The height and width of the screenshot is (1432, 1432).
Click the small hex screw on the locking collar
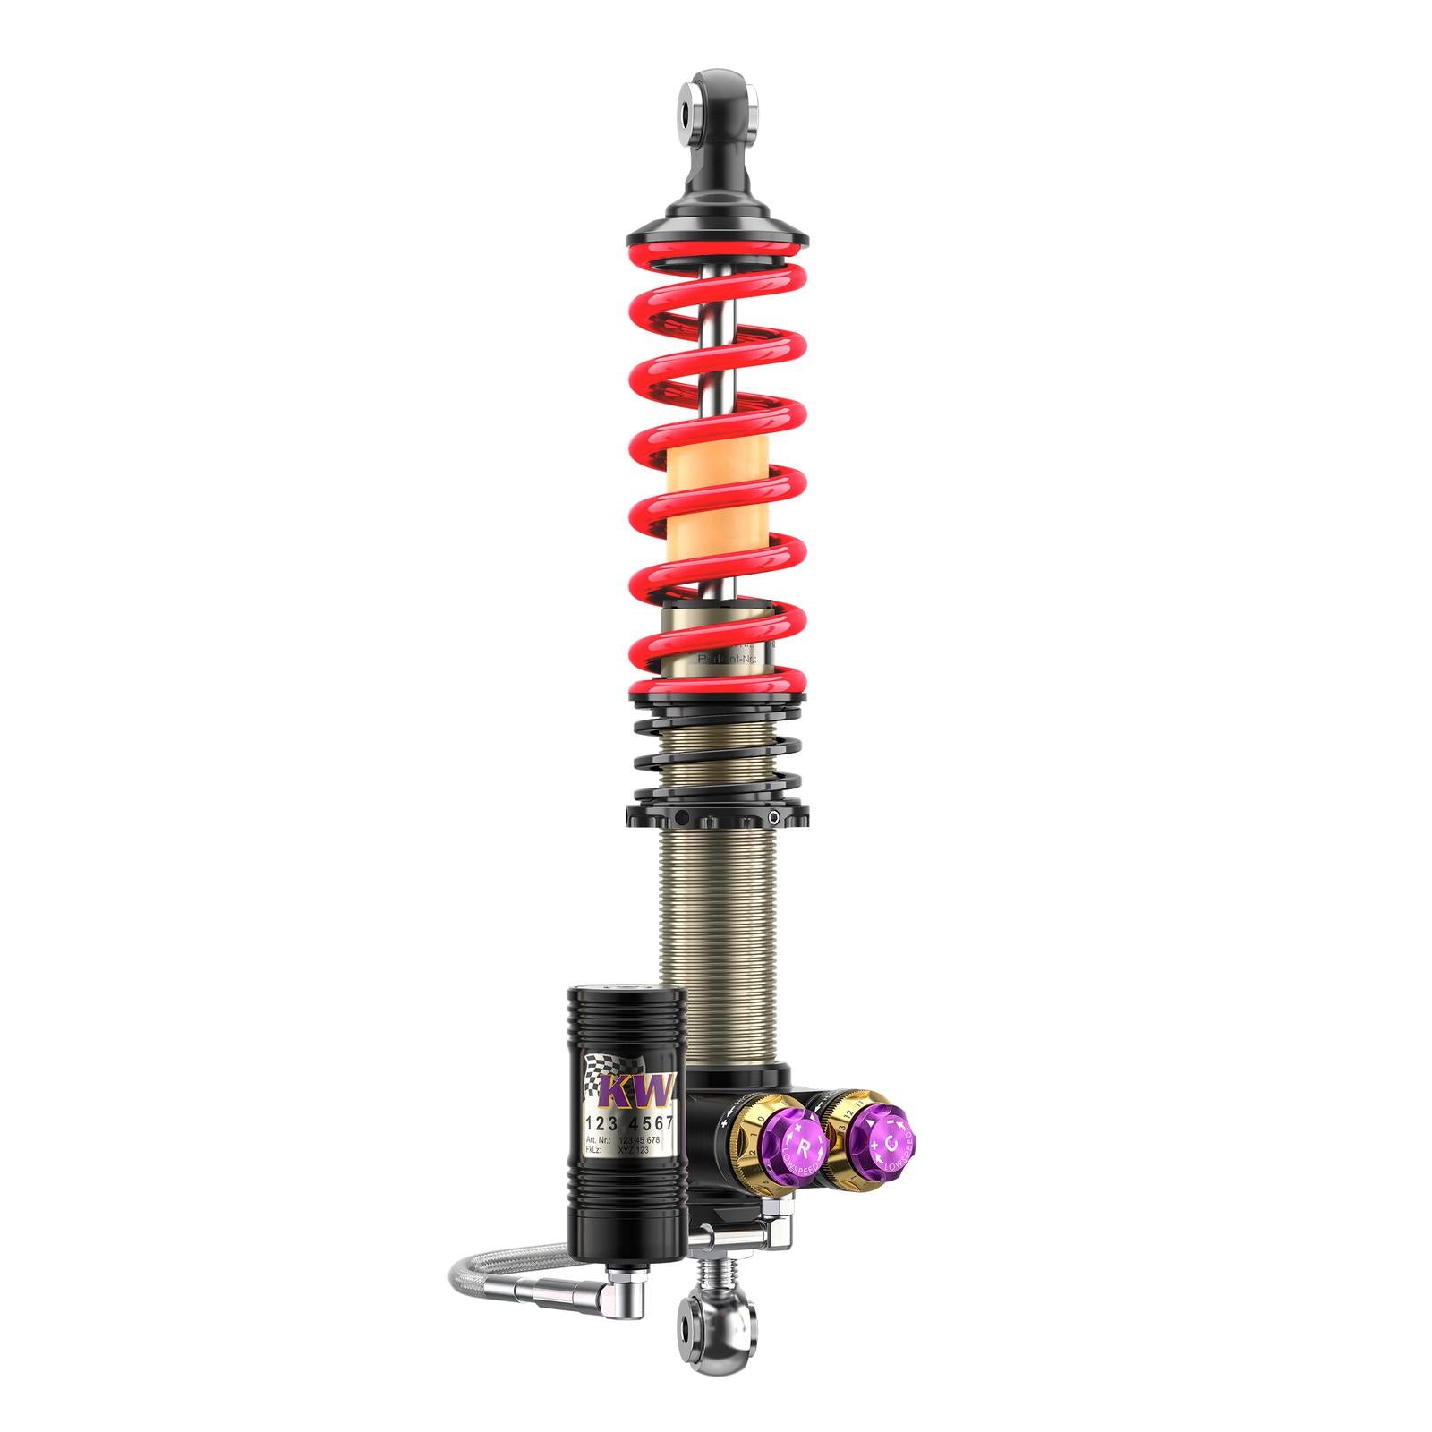[772, 817]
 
